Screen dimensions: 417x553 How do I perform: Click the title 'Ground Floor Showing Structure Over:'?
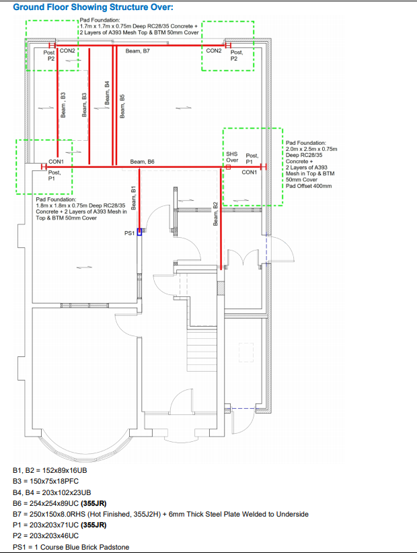pyautogui.click(x=93, y=7)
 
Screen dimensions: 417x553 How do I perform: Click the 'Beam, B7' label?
pyautogui.click(x=138, y=51)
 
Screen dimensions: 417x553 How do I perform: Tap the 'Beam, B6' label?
pyautogui.click(x=143, y=162)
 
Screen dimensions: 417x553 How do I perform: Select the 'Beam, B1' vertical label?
pyautogui.click(x=133, y=198)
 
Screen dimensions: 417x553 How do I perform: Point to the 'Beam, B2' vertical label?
pyautogui.click(x=215, y=214)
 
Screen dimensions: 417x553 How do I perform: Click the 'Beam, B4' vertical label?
pyautogui.click(x=107, y=93)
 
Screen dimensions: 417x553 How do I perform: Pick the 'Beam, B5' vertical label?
pyautogui.click(x=122, y=106)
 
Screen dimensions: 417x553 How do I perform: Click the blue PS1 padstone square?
pyautogui.click(x=139, y=232)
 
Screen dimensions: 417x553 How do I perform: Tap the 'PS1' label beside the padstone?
pyautogui.click(x=129, y=233)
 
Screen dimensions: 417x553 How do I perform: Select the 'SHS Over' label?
pyautogui.click(x=232, y=157)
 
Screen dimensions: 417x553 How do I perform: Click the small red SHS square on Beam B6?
pyautogui.click(x=228, y=167)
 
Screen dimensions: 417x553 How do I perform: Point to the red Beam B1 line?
pyautogui.click(x=139, y=198)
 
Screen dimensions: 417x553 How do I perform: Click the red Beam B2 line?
pyautogui.click(x=221, y=218)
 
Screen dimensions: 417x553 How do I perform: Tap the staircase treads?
pyautogui.click(x=201, y=350)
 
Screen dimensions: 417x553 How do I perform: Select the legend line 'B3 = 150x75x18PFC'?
pyautogui.click(x=46, y=482)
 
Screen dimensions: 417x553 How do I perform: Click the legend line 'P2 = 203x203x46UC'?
pyautogui.click(x=46, y=535)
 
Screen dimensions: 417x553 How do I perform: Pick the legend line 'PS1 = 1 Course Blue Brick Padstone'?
pyautogui.click(x=71, y=547)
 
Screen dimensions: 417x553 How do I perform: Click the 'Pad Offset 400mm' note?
pyautogui.click(x=309, y=186)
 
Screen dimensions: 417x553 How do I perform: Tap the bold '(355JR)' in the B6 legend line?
pyautogui.click(x=93, y=503)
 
